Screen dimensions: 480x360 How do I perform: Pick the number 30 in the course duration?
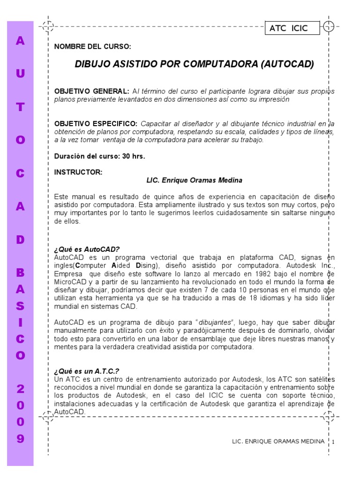click(126, 157)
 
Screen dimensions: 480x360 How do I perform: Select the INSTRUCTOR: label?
click(78, 172)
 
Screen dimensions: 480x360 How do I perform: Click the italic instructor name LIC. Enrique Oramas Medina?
click(195, 180)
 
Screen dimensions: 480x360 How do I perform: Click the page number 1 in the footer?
click(333, 442)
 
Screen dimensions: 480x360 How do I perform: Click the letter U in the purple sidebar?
click(20, 74)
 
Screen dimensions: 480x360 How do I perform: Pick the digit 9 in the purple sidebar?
click(20, 439)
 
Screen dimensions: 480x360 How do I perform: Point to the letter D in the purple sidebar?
click(20, 240)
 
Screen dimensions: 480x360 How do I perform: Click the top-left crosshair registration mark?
click(48, 26)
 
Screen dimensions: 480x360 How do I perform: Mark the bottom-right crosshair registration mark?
click(329, 416)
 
